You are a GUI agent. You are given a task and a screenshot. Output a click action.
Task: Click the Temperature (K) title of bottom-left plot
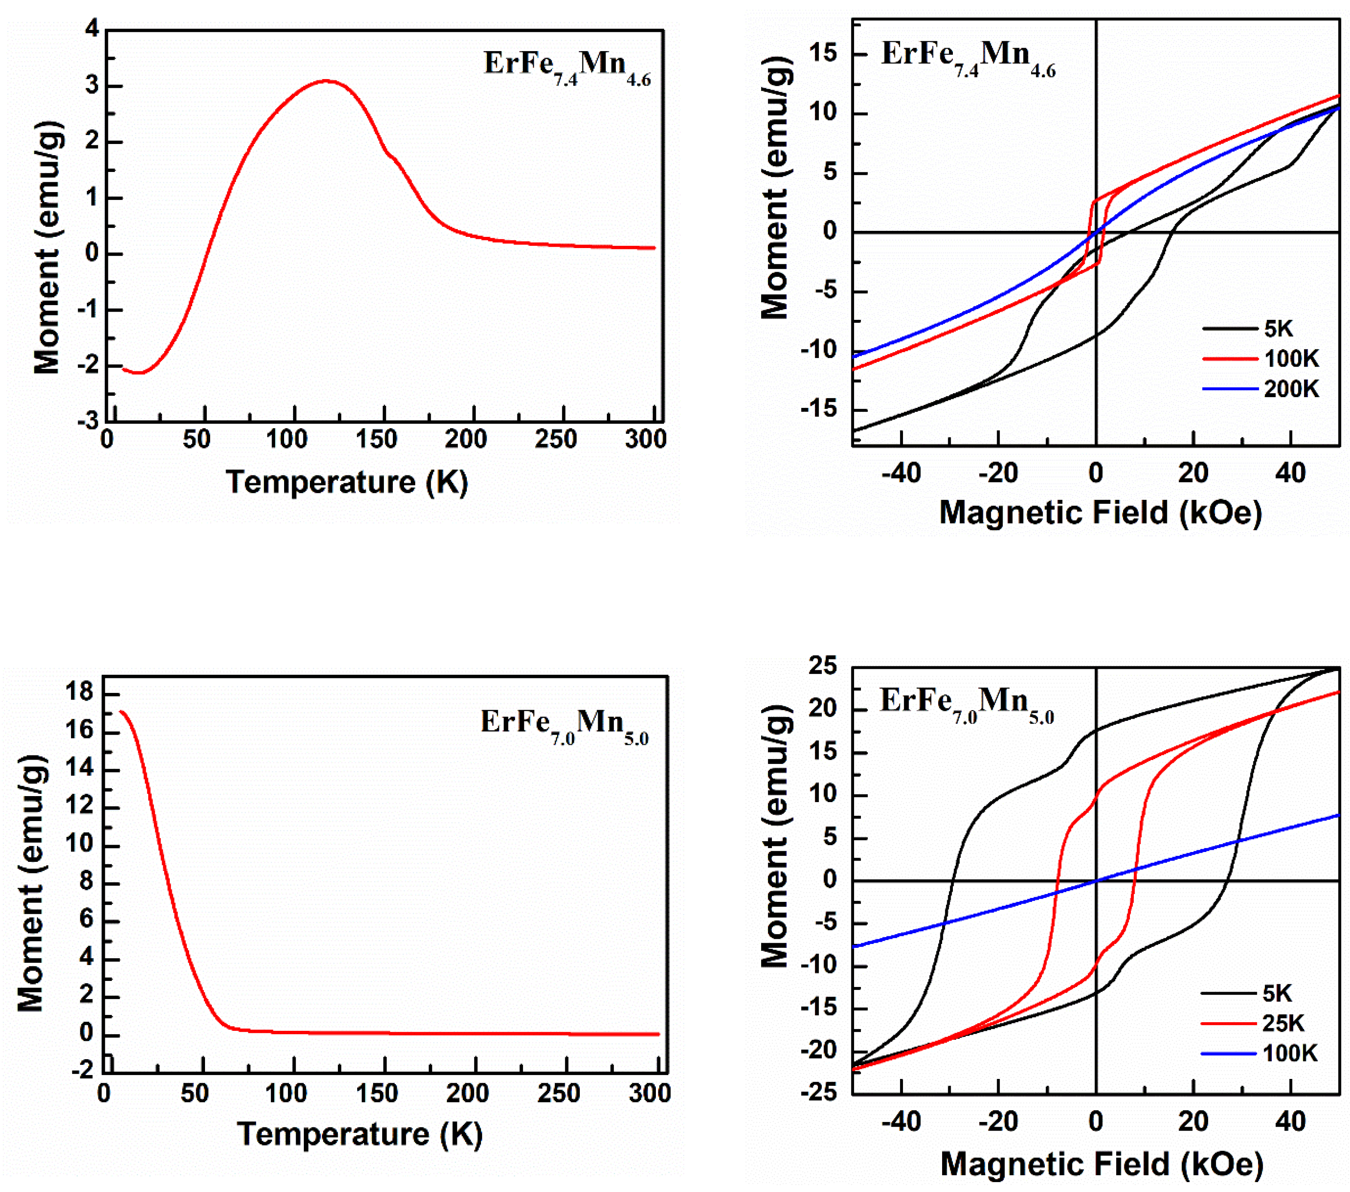click(359, 1134)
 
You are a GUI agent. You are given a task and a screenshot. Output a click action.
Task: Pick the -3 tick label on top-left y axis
click(87, 421)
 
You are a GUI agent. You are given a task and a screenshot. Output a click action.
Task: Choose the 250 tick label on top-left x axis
click(555, 439)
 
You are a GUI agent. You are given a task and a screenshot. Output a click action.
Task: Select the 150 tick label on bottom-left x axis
click(377, 1094)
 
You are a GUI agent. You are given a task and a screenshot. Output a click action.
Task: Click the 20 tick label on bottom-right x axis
click(1193, 1122)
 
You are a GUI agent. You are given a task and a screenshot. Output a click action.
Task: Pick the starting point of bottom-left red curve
click(121, 711)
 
